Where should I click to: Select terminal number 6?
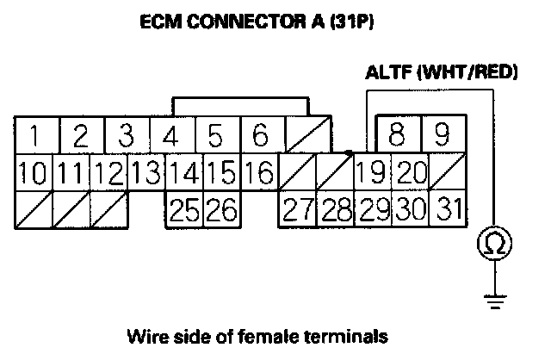click(261, 136)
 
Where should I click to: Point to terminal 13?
click(148, 172)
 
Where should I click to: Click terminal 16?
click(258, 172)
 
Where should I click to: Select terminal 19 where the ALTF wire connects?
click(371, 172)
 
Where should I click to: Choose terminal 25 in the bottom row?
click(183, 209)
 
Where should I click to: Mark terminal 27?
click(296, 209)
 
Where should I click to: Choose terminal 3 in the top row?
click(126, 136)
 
